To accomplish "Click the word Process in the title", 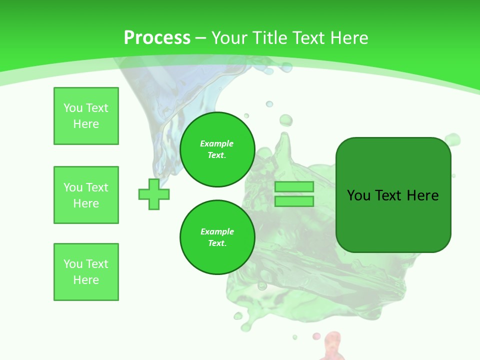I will pos(157,38).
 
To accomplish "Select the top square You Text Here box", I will pos(86,116).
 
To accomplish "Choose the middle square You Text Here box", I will pos(86,195).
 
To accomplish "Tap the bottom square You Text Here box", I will pos(86,272).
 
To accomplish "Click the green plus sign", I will pos(154,194).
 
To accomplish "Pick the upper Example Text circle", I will pos(217,149).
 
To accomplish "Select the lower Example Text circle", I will pos(217,237).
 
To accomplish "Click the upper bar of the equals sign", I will pos(294,187).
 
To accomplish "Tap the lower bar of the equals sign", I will pos(294,201).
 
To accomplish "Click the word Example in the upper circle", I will pos(217,143).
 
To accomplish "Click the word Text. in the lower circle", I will pos(217,243).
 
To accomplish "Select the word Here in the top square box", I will pos(86,124).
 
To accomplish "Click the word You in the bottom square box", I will pos(73,264).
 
